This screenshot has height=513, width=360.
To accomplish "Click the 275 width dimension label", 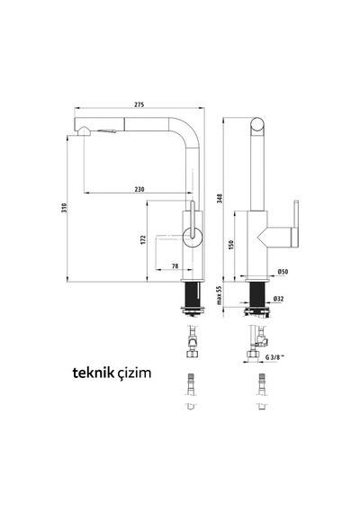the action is coord(139,104).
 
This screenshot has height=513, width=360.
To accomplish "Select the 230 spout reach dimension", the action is coord(139,189).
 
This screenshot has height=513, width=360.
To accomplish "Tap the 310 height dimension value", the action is coord(64,208).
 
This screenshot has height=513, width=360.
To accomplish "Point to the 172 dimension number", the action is coord(144,239).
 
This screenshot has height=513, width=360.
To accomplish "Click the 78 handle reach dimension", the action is coord(175,266).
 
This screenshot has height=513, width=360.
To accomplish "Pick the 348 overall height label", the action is coord(220,198).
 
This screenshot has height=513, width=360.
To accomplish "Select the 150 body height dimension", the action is coord(230,245).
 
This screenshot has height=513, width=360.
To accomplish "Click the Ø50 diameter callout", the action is coord(283,271).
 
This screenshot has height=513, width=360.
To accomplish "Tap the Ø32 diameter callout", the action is coord(278,299).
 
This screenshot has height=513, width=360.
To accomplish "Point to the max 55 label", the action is coord(220,295).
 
